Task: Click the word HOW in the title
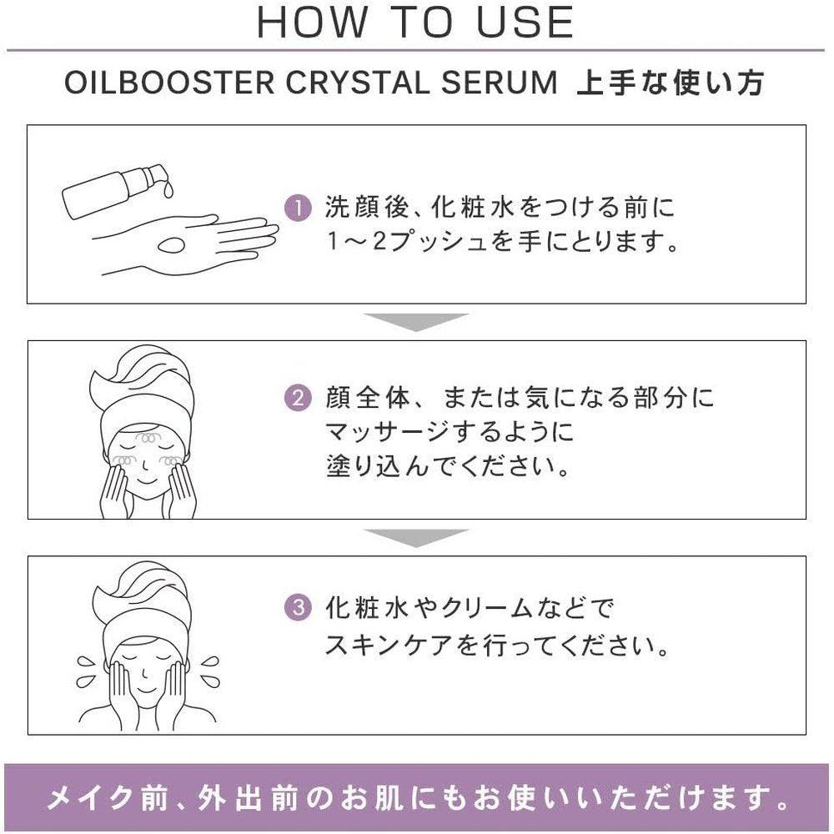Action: (308, 23)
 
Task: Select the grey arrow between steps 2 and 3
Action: (417, 537)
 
